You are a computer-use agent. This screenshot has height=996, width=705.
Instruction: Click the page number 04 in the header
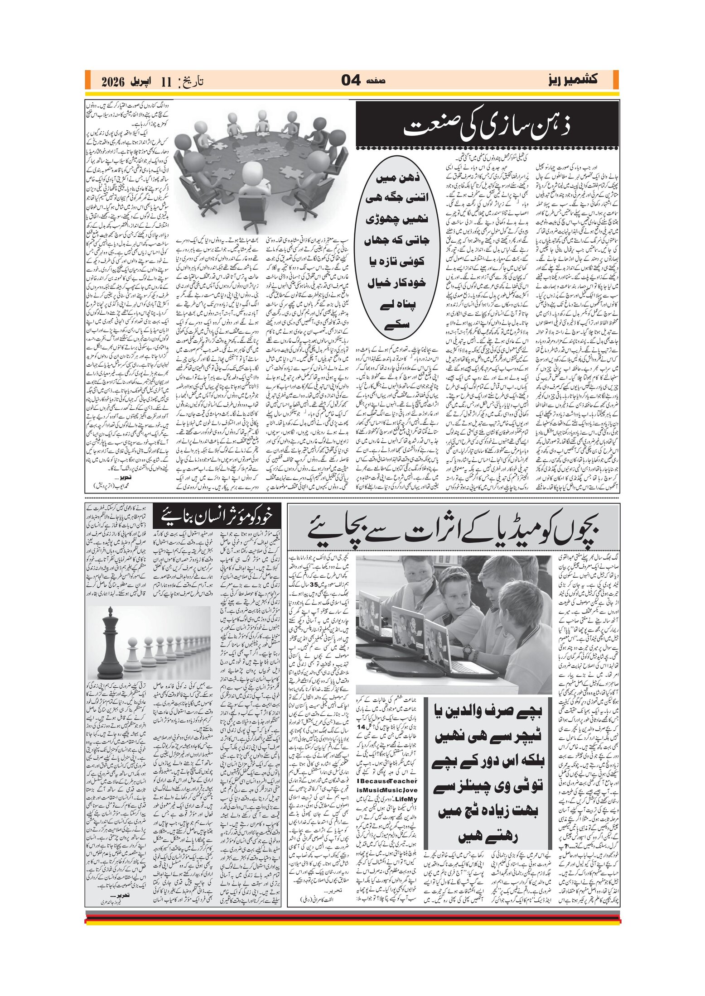(351, 81)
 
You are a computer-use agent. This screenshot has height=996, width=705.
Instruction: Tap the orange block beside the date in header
(88, 80)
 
